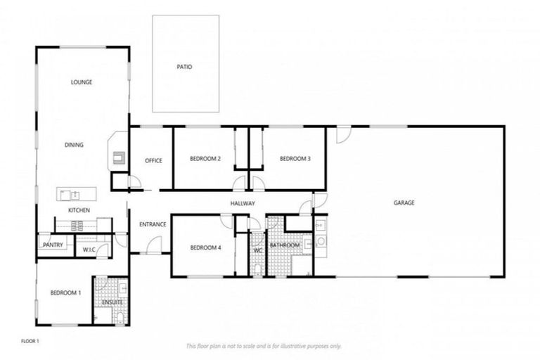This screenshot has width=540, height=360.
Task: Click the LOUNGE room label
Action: (x=81, y=82)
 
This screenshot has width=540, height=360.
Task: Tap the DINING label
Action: (x=75, y=145)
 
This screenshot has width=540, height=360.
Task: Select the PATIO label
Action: (x=184, y=67)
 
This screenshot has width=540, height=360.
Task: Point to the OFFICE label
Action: (x=153, y=160)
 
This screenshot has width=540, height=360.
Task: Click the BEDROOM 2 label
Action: (x=205, y=159)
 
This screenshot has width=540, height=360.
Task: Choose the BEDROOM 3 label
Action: (x=295, y=159)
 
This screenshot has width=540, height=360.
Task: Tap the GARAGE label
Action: (x=404, y=202)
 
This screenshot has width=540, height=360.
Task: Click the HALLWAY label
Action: (x=241, y=204)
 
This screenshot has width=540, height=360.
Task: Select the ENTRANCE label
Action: (x=153, y=224)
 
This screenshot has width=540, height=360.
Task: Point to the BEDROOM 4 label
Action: (x=205, y=247)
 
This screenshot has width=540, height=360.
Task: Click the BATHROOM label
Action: (x=285, y=245)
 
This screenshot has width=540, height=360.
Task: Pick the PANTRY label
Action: (x=53, y=245)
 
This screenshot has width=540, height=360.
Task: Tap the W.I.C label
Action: (x=89, y=249)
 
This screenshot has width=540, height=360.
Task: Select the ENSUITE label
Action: (x=112, y=302)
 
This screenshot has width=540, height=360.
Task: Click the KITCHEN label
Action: (x=78, y=210)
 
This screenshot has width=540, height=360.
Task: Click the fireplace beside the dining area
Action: (x=117, y=155)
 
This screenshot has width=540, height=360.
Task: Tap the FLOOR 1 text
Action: (x=30, y=341)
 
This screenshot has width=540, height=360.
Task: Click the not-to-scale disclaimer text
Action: (x=263, y=346)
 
